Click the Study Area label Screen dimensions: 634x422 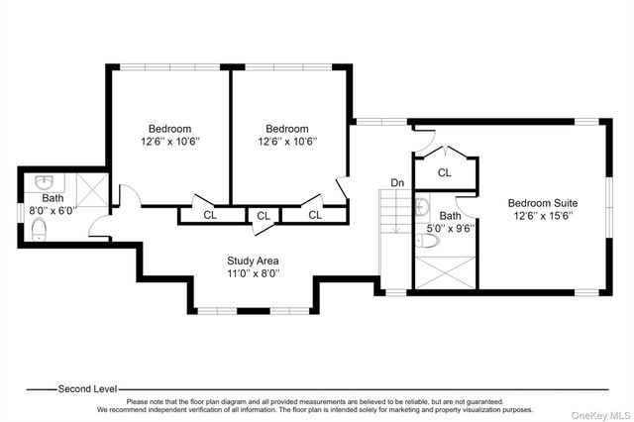(253, 261)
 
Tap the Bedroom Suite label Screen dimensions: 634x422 (543, 203)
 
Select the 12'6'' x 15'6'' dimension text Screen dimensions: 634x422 (544, 216)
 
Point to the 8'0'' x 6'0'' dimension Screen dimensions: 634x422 (53, 211)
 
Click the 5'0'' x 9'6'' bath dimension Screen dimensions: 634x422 (451, 229)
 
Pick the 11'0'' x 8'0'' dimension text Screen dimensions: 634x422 (254, 273)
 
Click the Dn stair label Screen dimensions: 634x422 (397, 183)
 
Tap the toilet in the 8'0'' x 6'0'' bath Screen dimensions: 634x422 (39, 230)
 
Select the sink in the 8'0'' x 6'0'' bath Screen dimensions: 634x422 (44, 183)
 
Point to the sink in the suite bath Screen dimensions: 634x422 (423, 206)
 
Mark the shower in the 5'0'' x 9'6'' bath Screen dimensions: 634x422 (446, 272)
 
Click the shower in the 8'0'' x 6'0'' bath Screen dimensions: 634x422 (92, 189)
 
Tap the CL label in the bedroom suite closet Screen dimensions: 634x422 (445, 173)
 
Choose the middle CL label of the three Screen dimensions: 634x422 (264, 216)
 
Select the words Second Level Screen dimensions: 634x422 (88, 389)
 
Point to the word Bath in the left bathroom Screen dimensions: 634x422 (53, 198)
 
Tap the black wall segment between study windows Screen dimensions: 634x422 (254, 311)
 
